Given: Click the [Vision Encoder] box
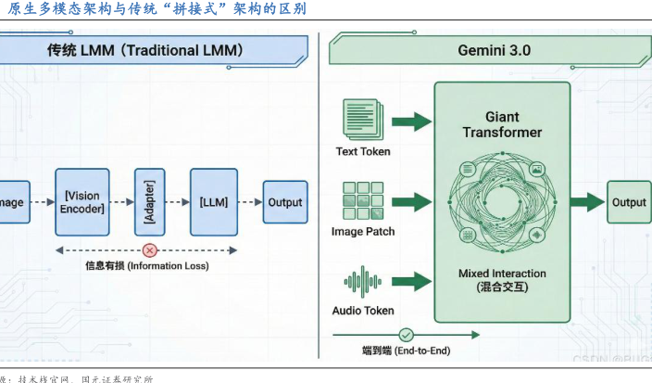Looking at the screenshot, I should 82,201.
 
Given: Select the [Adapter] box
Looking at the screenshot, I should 149,202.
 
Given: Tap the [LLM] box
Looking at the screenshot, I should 214,201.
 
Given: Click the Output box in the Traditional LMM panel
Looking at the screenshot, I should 284,201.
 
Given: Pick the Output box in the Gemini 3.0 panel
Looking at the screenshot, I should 629,202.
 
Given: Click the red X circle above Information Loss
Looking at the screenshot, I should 149,250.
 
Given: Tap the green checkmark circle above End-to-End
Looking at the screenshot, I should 406,335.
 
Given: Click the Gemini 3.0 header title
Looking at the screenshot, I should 494,50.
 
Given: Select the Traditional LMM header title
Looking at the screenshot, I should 145,50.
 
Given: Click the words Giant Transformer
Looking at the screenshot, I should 502,124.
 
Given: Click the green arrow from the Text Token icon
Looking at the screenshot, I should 412,121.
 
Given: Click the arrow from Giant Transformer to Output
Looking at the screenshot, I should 586,203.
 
